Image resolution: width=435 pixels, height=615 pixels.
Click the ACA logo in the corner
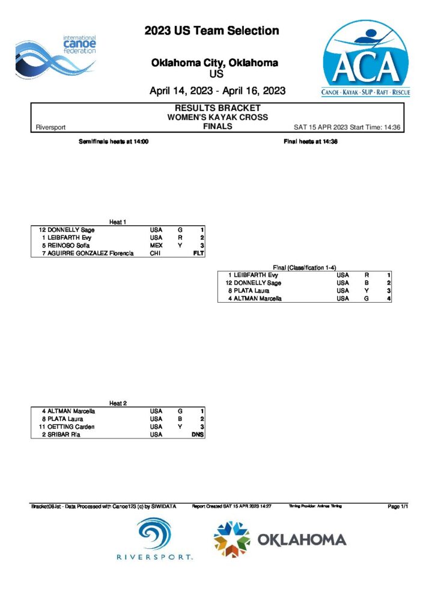pyautogui.click(x=366, y=59)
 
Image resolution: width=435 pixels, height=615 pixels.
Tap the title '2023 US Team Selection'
pyautogui.click(x=211, y=31)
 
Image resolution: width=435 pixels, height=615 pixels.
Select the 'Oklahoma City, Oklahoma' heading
pyautogui.click(x=214, y=62)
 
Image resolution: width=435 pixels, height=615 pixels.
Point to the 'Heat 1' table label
pyautogui.click(x=118, y=222)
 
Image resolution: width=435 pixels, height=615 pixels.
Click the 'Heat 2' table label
pyautogui.click(x=118, y=403)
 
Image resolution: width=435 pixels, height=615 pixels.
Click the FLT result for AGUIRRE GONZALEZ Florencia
pyautogui.click(x=199, y=253)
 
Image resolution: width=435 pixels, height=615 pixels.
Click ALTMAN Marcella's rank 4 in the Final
pyautogui.click(x=389, y=298)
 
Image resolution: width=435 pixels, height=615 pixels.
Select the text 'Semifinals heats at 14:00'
pyautogui.click(x=114, y=142)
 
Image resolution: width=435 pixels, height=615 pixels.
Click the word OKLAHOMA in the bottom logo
pyautogui.click(x=302, y=539)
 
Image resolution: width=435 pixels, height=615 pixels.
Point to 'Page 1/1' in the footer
pyautogui.click(x=398, y=507)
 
